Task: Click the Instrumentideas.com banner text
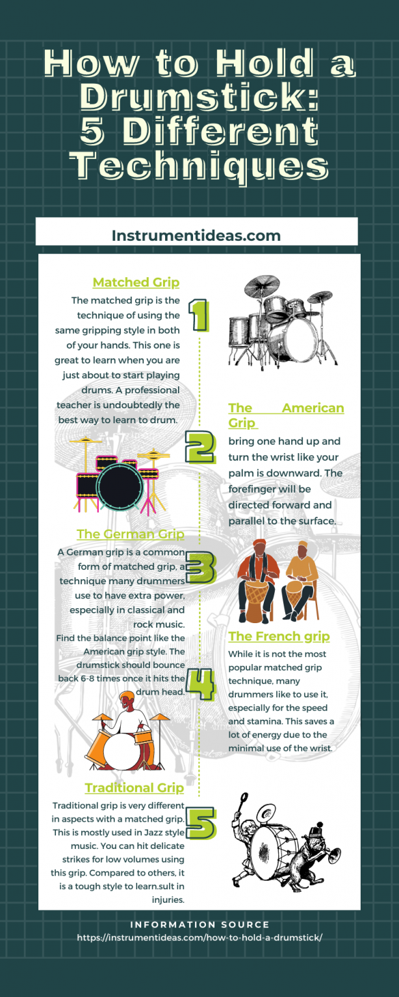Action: click(x=196, y=236)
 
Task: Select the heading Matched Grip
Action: click(x=136, y=282)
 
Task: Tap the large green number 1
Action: click(x=199, y=315)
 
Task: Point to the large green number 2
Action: click(x=200, y=447)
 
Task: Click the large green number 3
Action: click(x=201, y=567)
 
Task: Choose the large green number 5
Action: click(x=201, y=824)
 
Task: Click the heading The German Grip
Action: click(x=130, y=534)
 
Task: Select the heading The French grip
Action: click(x=279, y=637)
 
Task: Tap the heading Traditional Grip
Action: click(x=134, y=787)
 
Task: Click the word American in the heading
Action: click(x=313, y=408)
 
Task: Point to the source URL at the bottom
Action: click(x=199, y=937)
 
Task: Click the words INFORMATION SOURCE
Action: click(x=199, y=924)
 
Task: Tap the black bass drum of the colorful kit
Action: click(x=120, y=486)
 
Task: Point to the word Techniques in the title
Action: click(x=199, y=166)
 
